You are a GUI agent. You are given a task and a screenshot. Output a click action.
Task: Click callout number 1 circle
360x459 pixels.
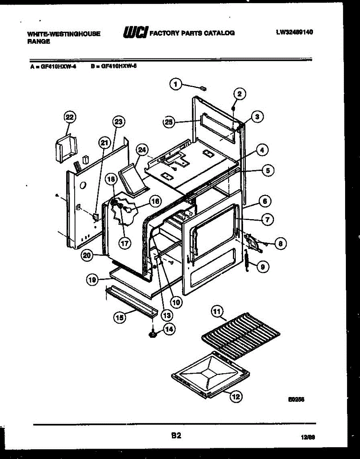click(x=175, y=85)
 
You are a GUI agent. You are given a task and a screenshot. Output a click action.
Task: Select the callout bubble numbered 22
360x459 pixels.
click(x=70, y=117)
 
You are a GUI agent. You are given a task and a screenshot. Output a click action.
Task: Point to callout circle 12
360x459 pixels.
click(x=236, y=397)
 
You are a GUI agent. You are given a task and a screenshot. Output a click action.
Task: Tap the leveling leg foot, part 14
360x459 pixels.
click(x=153, y=334)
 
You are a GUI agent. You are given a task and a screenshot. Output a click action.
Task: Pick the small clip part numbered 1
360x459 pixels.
click(x=203, y=88)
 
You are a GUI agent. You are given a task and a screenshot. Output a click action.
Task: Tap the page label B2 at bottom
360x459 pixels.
click(x=176, y=435)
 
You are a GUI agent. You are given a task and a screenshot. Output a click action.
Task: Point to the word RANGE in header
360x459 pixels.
click(x=39, y=41)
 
